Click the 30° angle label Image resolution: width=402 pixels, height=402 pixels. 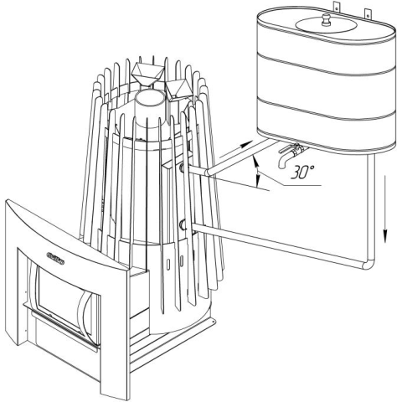pos(302,172)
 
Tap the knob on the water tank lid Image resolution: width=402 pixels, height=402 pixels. pos(326,20)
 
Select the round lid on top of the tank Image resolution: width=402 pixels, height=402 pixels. pos(326,25)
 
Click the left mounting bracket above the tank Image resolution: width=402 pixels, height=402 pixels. pos(336,7)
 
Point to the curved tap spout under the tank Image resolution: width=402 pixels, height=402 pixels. pos(283,162)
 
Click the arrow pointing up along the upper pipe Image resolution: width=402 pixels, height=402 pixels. pos(235,150)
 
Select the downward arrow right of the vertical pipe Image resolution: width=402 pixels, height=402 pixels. pos(385,209)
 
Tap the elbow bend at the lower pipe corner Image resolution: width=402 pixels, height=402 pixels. pos(368,264)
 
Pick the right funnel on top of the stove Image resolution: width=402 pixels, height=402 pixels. pos(178,89)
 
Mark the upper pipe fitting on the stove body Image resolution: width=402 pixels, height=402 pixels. pos(183,168)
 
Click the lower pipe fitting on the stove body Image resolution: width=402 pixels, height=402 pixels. pos(183,224)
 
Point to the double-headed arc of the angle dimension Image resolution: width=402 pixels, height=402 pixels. pos(257,172)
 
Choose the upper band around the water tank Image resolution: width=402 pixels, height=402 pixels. pos(326,66)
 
